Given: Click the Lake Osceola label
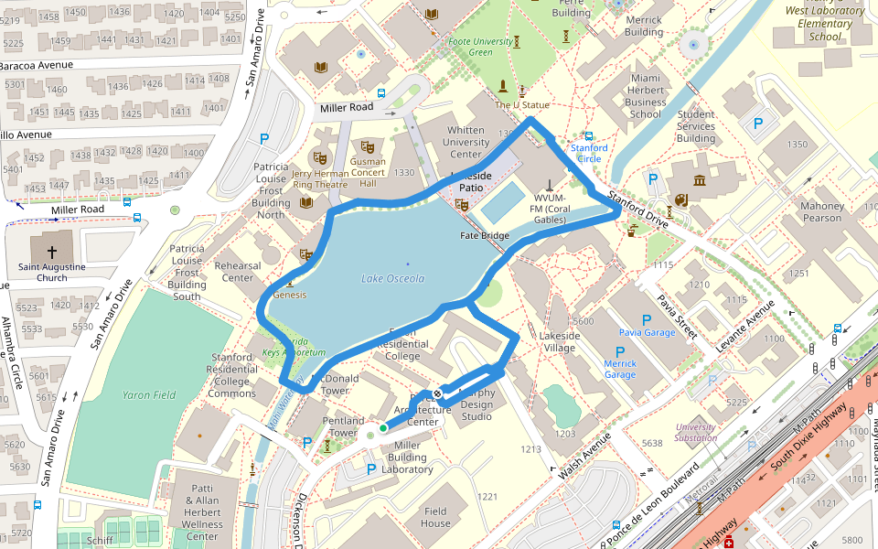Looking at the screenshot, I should point(392,278).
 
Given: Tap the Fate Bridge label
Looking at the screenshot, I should point(484,236).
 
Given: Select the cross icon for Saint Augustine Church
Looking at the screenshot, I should point(52,251).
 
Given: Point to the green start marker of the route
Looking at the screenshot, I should point(383,426).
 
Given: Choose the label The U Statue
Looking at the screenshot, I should point(522,105).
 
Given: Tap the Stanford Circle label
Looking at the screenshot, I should point(589,153).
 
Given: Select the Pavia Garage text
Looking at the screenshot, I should point(647,332).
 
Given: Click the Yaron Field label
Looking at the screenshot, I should point(149,395).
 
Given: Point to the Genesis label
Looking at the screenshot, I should point(290,295).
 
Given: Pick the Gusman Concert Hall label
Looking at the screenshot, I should point(368,172).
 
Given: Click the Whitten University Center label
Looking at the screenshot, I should point(466,142).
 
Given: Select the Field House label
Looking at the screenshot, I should point(435,517).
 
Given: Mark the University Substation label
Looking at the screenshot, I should point(696,432).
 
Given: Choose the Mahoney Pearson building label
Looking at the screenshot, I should point(821,211).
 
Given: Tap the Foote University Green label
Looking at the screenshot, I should point(480,47).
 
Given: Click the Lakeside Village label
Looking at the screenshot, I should point(559,341).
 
